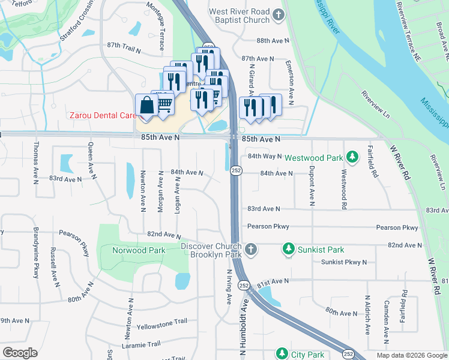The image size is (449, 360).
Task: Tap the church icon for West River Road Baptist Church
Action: click(277, 16)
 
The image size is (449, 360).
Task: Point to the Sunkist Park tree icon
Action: click(289, 249)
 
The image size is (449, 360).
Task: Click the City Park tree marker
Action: click(282, 354)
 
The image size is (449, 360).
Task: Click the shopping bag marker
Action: click(146, 106)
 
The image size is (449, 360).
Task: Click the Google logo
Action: click(20, 353)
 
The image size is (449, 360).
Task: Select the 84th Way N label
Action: click(265, 156)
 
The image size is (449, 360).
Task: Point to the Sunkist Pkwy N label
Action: click(343, 262)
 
